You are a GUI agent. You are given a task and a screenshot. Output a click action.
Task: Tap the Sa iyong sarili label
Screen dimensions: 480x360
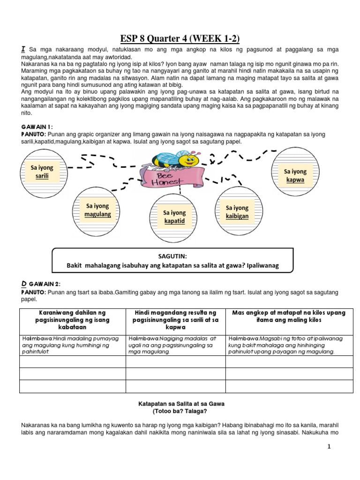click(x=42, y=172)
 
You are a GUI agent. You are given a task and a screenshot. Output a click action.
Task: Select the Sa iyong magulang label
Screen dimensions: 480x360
click(x=97, y=210)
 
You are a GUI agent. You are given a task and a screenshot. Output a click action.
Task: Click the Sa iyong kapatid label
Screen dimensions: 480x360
click(x=174, y=217)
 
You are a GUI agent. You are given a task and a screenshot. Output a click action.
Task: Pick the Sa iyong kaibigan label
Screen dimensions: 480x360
click(x=237, y=212)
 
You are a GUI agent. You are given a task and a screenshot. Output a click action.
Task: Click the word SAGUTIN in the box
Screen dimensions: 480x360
click(x=172, y=256)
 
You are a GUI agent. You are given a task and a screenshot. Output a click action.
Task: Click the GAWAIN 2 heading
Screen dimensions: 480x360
click(x=45, y=284)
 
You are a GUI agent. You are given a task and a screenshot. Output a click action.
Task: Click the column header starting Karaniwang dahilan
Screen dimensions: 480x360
click(x=72, y=320)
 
